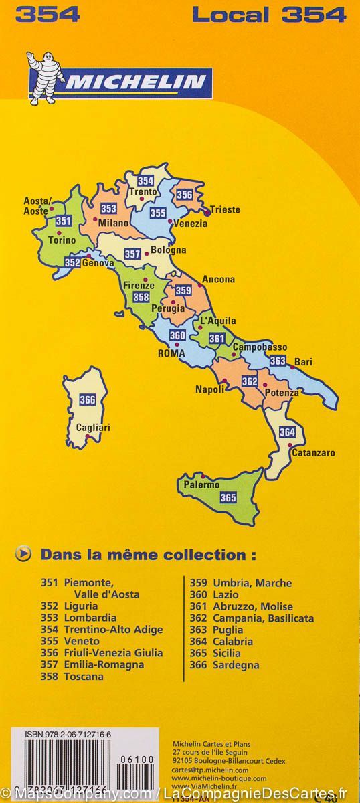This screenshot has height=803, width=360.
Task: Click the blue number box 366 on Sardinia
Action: click(x=88, y=399)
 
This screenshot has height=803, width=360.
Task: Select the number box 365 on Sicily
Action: click(x=228, y=497)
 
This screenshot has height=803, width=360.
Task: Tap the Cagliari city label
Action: click(x=93, y=427)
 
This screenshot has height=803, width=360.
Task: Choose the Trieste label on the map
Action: click(x=225, y=209)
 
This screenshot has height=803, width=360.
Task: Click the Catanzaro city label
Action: click(x=313, y=453)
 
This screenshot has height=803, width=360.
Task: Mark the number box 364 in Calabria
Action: click(x=287, y=432)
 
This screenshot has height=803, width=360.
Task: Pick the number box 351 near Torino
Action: click(x=64, y=221)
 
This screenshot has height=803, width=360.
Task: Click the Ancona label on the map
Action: click(x=218, y=279)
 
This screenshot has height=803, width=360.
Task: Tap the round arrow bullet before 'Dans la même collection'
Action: click(x=25, y=554)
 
